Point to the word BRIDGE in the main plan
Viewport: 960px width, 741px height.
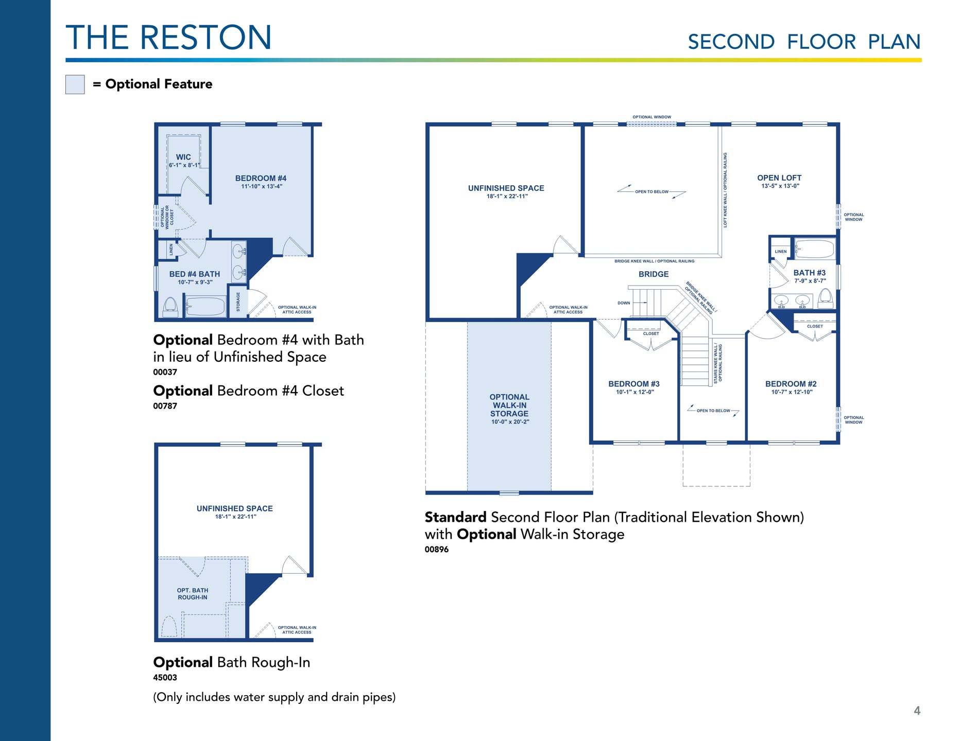point(654,274)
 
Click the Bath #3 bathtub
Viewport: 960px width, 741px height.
point(815,249)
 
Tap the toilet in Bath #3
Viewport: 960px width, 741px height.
point(825,298)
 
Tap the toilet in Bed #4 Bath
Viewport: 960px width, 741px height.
point(170,308)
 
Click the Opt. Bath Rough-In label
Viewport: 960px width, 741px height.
point(193,594)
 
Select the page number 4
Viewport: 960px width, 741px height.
point(917,711)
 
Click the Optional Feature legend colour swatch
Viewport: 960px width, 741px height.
point(75,84)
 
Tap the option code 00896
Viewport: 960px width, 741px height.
point(437,550)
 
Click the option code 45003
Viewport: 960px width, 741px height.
point(165,678)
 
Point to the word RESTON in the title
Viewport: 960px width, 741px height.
point(205,38)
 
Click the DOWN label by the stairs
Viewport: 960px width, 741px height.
point(624,303)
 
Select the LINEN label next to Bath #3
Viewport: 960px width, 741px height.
point(781,252)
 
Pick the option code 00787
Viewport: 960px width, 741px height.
point(165,406)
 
